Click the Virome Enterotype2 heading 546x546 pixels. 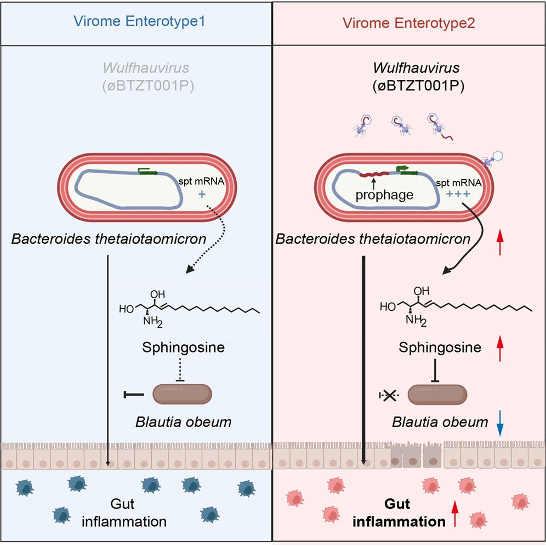click(408, 23)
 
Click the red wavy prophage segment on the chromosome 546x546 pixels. click(374, 174)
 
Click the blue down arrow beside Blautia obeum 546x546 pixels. click(500, 424)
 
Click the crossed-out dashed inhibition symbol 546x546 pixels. click(390, 394)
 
